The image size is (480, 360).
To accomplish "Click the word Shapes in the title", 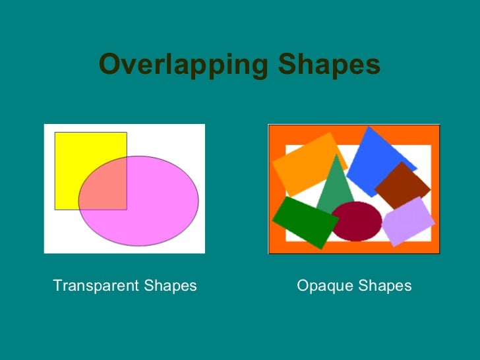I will pyautogui.click(x=329, y=65).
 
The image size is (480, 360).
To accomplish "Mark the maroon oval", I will pyautogui.click(x=357, y=221).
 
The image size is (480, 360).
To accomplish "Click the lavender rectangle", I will pyautogui.click(x=408, y=221).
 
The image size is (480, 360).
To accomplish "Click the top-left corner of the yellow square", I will pyautogui.click(x=55, y=133).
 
